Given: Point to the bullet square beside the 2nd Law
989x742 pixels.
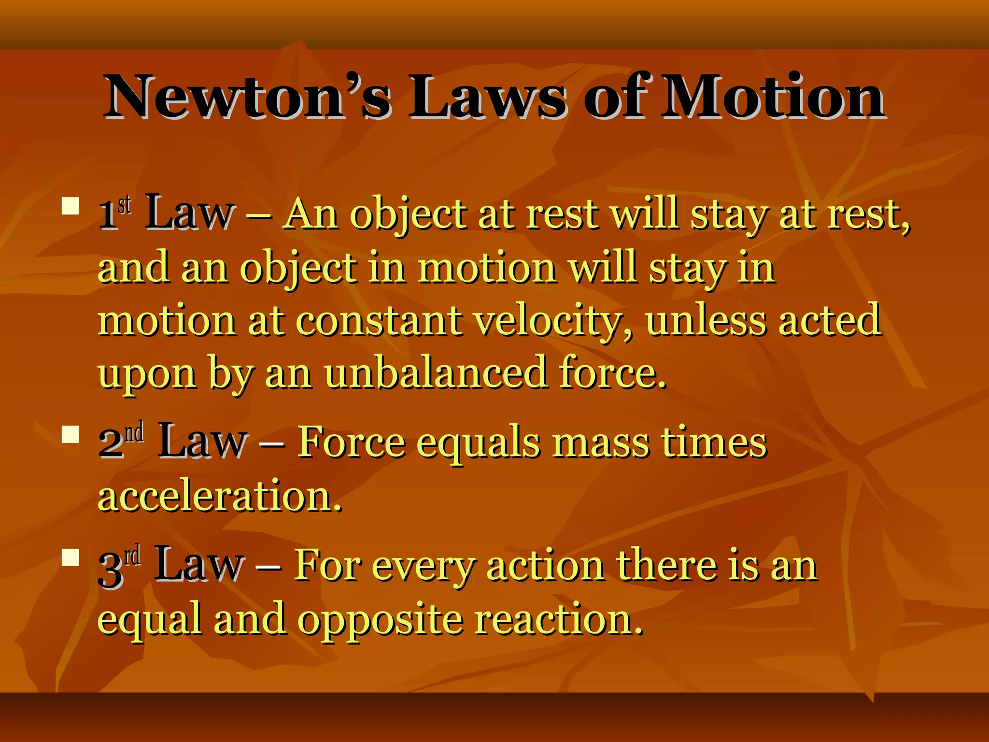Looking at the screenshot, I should [x=71, y=434].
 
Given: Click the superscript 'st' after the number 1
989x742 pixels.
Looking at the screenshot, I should [x=125, y=205].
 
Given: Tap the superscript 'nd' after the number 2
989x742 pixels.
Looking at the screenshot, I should [x=135, y=432].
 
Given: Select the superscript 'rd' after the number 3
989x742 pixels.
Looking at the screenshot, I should [x=133, y=555].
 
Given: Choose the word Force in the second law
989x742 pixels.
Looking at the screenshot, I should [x=351, y=442].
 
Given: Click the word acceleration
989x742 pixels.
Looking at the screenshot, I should [x=220, y=496].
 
